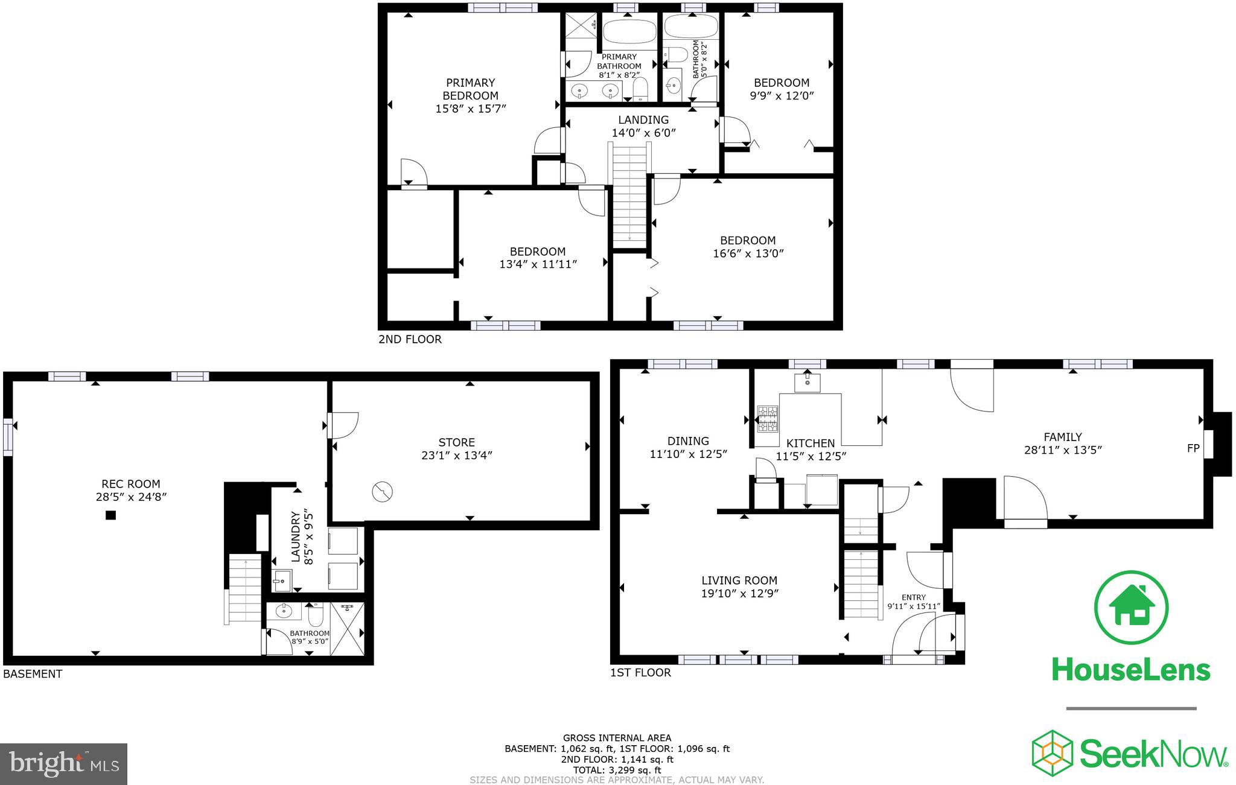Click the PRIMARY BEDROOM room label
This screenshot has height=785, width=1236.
[x=470, y=89]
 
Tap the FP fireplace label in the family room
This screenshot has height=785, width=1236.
[x=1193, y=448]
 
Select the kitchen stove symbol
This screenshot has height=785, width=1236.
[x=768, y=419]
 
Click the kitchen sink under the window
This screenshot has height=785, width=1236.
[x=807, y=383]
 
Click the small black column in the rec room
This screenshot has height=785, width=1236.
[x=110, y=515]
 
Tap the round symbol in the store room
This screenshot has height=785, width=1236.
[x=382, y=492]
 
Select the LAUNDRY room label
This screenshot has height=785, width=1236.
[x=296, y=537]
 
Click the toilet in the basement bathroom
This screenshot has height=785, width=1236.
[x=316, y=615]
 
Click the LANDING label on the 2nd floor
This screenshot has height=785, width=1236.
[x=643, y=119]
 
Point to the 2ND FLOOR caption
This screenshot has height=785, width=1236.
[x=410, y=339]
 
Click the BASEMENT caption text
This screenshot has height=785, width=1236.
[x=33, y=674]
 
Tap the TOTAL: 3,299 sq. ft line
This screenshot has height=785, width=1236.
[x=617, y=770]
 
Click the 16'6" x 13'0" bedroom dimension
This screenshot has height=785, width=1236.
[x=748, y=253]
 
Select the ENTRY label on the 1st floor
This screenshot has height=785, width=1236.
[x=914, y=597]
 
